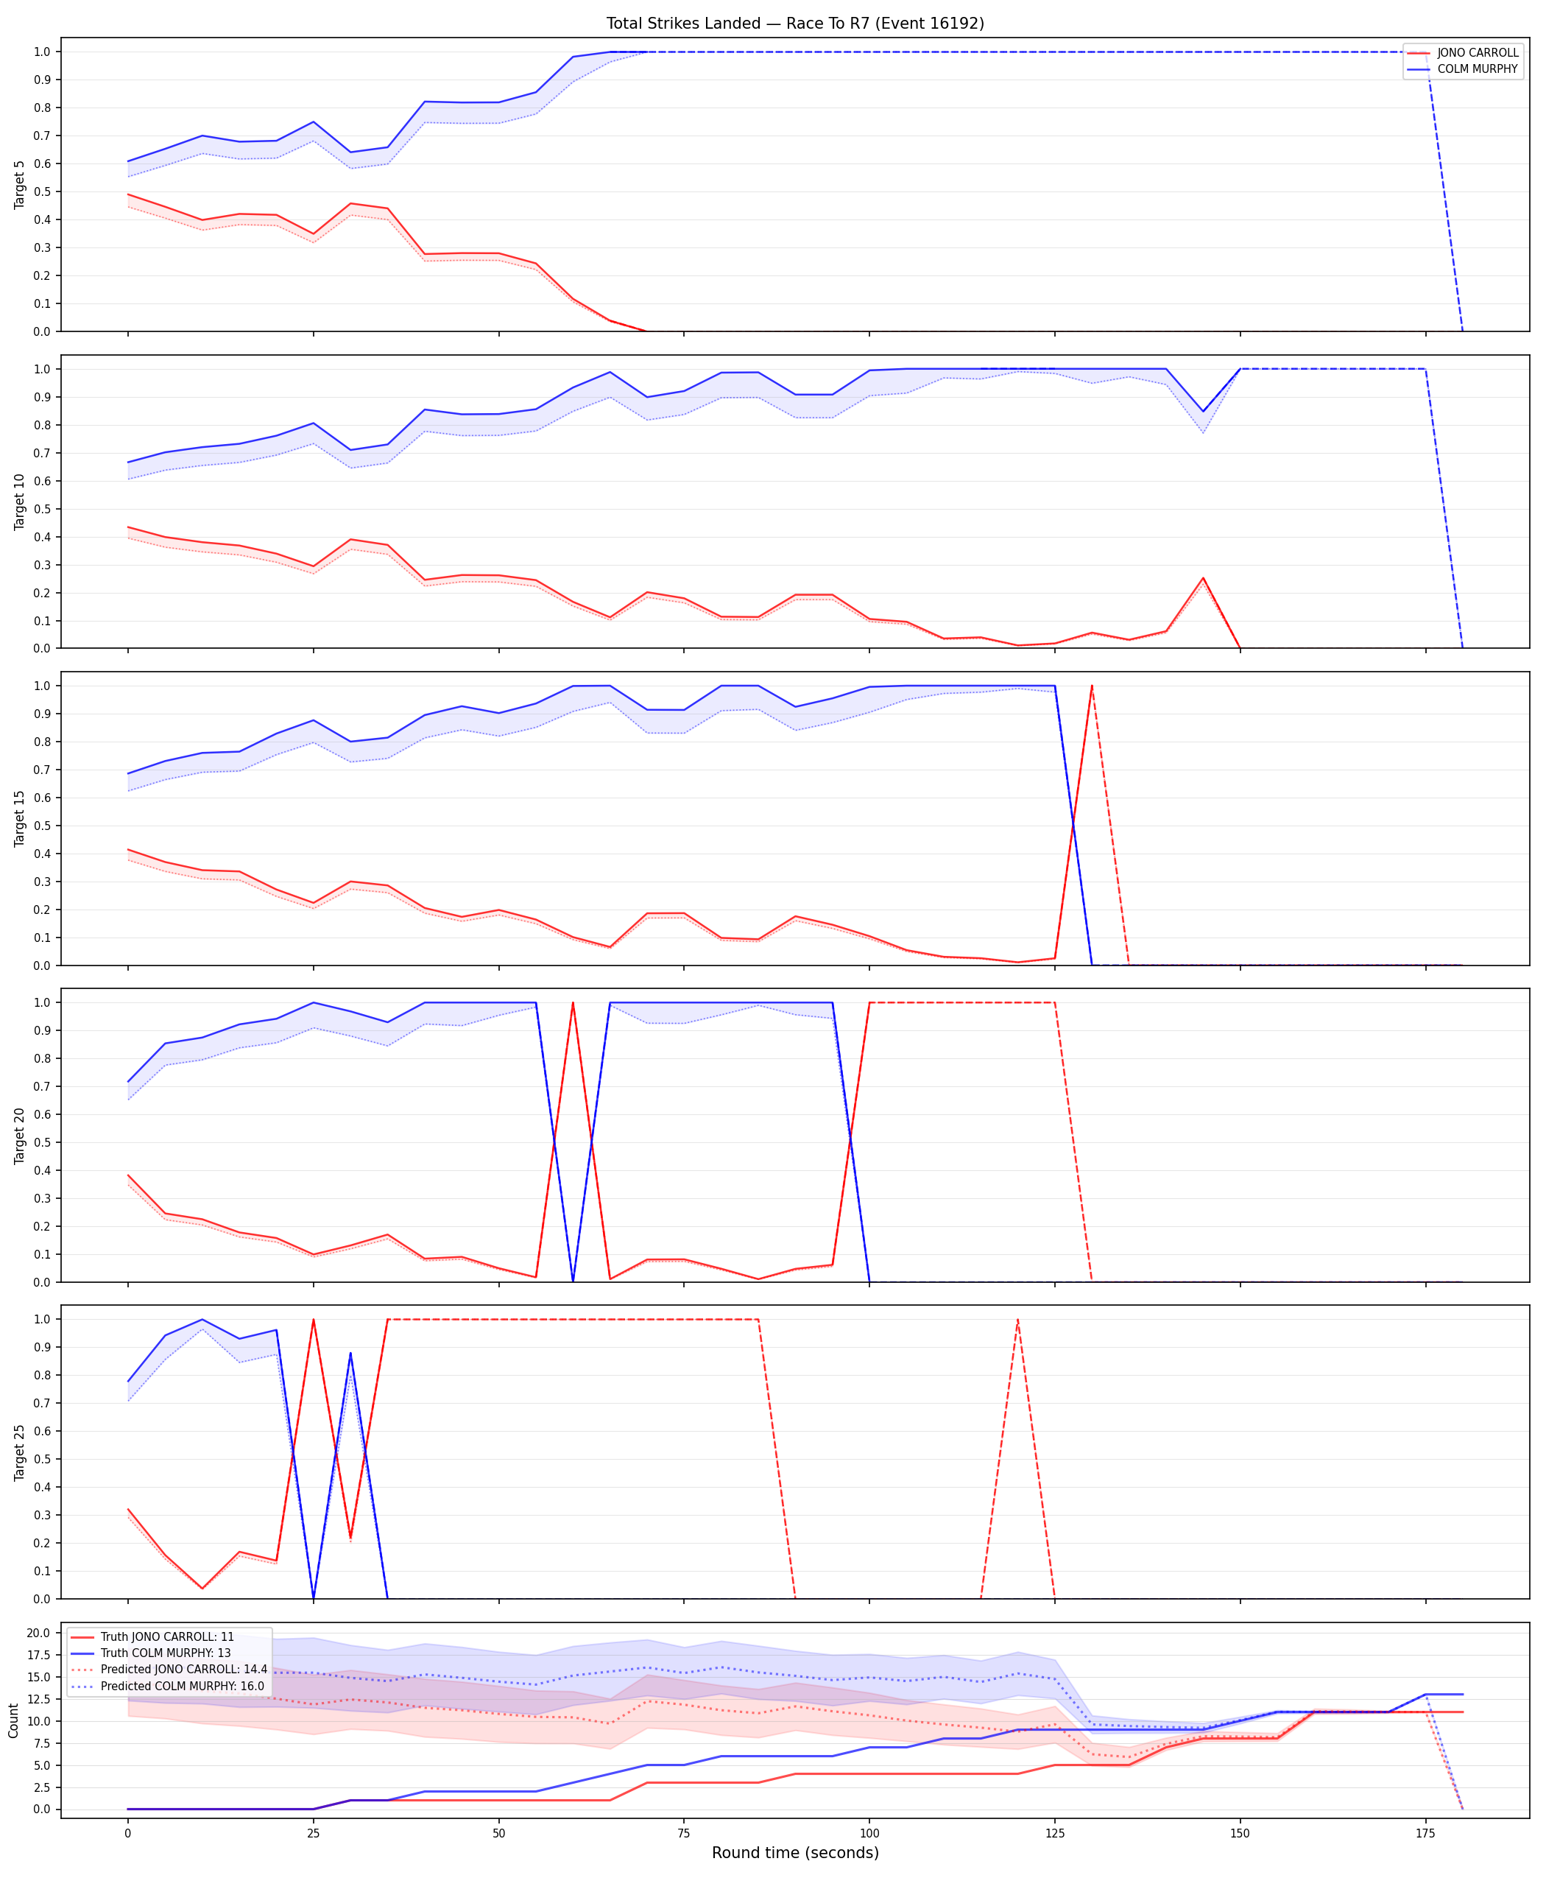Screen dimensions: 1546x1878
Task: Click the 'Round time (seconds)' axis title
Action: coord(795,1853)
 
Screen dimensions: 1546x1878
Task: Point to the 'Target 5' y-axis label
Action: coord(20,184)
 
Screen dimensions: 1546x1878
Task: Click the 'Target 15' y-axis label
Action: coord(20,817)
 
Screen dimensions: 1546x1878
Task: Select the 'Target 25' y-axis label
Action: coord(20,1452)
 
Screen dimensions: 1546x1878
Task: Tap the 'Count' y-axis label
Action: coord(13,1720)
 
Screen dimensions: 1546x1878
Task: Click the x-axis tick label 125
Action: coord(1054,1834)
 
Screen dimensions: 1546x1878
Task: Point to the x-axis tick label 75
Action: coord(684,1834)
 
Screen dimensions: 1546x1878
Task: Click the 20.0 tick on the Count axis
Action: coord(38,1633)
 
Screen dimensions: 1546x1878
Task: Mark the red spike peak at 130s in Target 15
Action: coord(1092,686)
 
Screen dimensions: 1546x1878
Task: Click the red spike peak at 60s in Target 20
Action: coord(573,1003)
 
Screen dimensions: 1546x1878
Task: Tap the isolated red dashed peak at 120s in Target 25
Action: coord(1018,1320)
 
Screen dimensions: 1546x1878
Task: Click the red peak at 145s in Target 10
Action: coord(1203,578)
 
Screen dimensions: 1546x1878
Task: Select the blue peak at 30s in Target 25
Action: coord(350,1354)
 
